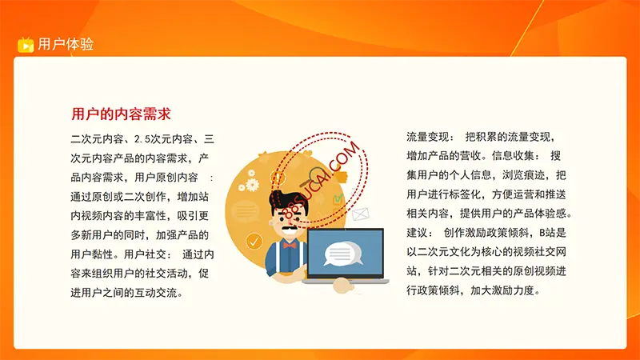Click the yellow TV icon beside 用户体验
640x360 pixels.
coord(26,45)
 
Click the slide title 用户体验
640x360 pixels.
coord(66,44)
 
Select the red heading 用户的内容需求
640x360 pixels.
coord(122,114)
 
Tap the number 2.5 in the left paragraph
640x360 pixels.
coord(142,139)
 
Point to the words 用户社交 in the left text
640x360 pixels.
coord(145,254)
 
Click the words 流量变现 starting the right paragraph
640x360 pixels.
coord(427,137)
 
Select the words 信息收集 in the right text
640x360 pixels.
coord(513,156)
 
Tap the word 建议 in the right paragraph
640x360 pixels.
coord(417,233)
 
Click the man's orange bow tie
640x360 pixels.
coord(290,245)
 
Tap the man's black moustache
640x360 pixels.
coord(290,230)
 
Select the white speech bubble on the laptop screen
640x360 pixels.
coord(342,254)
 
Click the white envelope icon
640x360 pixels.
coord(361,214)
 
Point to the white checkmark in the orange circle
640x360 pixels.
coord(254,242)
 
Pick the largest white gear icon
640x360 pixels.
coord(252,185)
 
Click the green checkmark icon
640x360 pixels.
coord(338,199)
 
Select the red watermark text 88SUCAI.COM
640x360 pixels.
coord(322,181)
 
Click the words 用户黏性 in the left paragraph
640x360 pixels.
coord(92,254)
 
